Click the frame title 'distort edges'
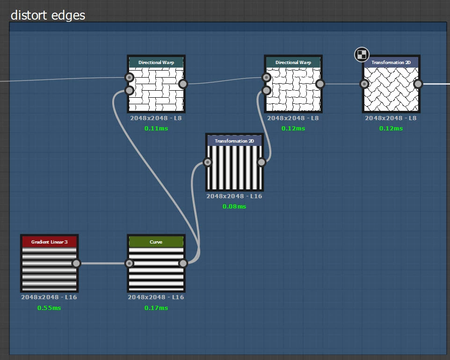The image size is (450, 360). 48,15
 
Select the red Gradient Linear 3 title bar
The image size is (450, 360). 49,242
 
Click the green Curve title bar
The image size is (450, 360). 156,242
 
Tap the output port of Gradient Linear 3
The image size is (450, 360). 76,263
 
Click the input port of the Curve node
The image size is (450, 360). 130,263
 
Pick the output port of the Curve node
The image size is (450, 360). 183,263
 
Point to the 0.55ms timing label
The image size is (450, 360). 49,308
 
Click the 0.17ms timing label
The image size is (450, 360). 156,308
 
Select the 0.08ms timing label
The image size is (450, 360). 234,206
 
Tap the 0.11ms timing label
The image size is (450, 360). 156,128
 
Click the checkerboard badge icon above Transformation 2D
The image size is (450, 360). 362,55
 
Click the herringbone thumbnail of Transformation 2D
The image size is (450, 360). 391,89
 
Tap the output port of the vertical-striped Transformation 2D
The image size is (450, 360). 261,162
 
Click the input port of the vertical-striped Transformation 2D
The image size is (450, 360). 208,162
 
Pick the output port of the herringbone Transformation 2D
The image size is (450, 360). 418,84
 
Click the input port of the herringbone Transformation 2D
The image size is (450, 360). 364,84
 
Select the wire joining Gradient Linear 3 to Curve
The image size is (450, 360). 103,263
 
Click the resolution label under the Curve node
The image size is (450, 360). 156,297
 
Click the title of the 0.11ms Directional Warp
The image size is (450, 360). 156,62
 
